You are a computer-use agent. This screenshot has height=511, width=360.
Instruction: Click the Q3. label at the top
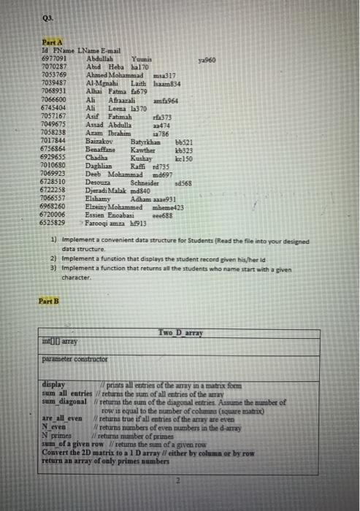tap(49, 18)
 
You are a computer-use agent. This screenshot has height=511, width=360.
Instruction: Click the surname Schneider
tap(145, 182)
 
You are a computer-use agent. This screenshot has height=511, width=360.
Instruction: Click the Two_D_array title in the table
tap(179, 332)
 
